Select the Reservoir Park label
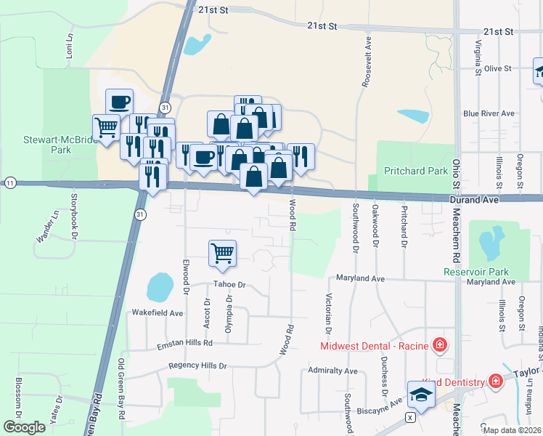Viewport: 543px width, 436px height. pyautogui.click(x=476, y=272)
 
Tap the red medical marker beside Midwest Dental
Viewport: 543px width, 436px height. pyautogui.click(x=439, y=344)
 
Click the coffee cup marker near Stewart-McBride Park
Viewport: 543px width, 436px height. pyautogui.click(x=120, y=102)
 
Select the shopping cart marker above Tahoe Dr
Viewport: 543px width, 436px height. pyautogui.click(x=222, y=254)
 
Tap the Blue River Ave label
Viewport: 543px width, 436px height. pyautogui.click(x=489, y=113)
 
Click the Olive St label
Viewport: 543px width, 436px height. pyautogui.click(x=498, y=68)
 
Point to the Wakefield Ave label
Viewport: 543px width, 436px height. pyautogui.click(x=157, y=312)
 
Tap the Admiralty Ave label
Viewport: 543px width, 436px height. pyautogui.click(x=332, y=371)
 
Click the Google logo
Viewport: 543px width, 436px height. pyautogui.click(x=24, y=427)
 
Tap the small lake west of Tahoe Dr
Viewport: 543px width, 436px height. pyautogui.click(x=159, y=288)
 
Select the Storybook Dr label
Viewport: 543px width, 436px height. pyautogui.click(x=73, y=214)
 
